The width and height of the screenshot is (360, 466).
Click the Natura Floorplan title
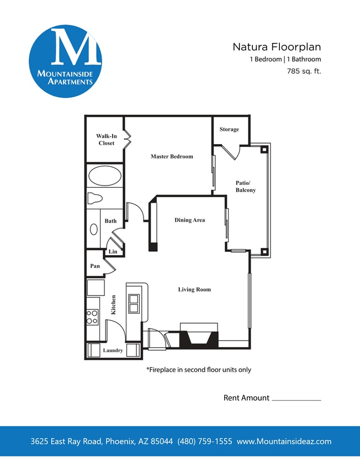pos(277,47)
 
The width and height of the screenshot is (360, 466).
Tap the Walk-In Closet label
pos(106,140)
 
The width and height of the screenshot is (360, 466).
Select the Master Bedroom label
pos(172,156)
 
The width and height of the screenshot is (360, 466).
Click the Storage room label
pos(229,129)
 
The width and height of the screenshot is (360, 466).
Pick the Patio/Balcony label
pos(246,186)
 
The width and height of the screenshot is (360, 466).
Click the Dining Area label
pos(189,220)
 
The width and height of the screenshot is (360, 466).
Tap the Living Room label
pos(194,289)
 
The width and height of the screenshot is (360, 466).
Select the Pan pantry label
pos(95,266)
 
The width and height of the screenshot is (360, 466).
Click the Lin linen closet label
pos(113,251)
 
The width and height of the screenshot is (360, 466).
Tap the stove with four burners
pos(92,317)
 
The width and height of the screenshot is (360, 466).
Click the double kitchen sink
pos(134,304)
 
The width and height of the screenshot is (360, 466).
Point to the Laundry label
pos(113,351)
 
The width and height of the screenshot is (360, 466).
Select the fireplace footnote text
pos(198,369)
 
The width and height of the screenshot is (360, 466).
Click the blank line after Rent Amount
pos(297,399)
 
